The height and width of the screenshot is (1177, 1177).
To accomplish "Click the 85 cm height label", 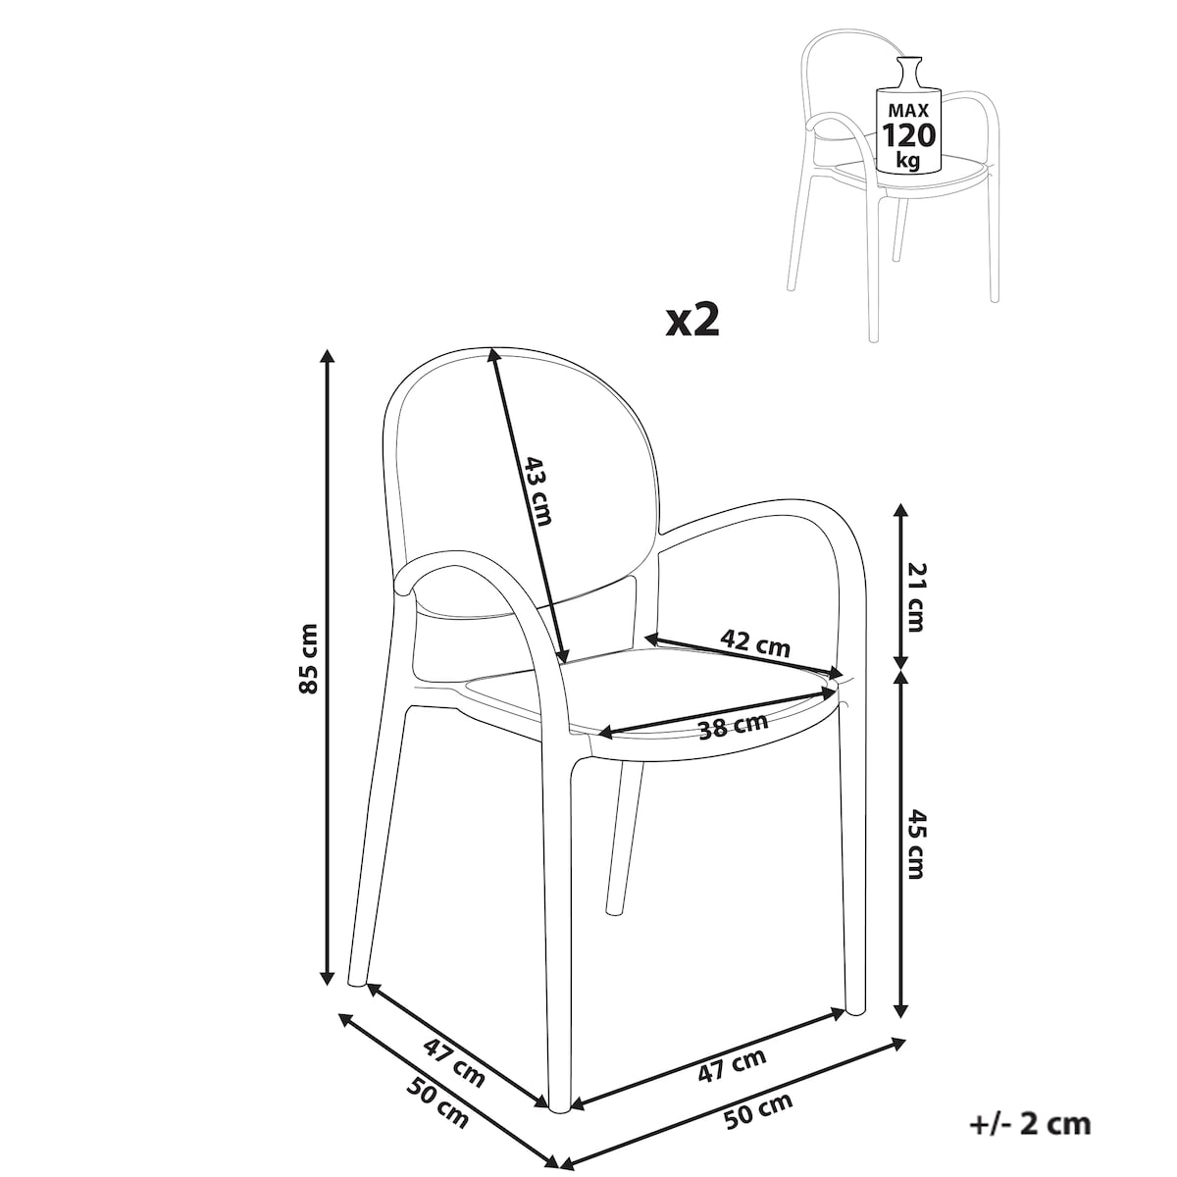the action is (310, 658).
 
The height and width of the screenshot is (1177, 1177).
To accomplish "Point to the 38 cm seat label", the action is (733, 726).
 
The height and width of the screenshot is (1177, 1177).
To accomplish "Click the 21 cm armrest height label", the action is (916, 596).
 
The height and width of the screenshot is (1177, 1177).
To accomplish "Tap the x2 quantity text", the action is (693, 321).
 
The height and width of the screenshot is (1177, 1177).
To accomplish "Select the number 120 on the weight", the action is (907, 135).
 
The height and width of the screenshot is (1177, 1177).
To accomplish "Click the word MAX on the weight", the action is (908, 111).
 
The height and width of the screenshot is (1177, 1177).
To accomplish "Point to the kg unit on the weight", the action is (909, 161).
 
